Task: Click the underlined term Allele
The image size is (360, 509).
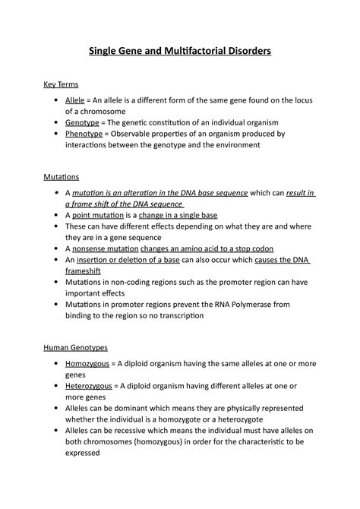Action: [75, 100]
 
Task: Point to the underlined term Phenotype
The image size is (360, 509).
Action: [84, 134]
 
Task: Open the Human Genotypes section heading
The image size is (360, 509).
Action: [74, 347]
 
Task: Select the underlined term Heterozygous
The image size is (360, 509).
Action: [89, 386]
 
